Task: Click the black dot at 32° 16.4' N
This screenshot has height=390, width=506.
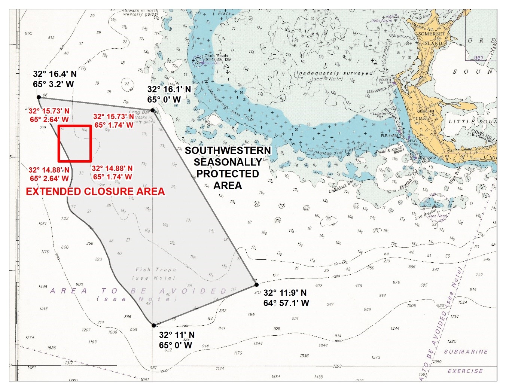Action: [x=39, y=97]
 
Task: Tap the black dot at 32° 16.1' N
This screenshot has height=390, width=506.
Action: [x=152, y=110]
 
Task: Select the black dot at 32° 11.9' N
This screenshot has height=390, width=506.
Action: [x=256, y=285]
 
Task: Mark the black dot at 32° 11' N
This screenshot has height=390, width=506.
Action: [x=153, y=325]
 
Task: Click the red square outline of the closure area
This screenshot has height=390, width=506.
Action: [x=75, y=126]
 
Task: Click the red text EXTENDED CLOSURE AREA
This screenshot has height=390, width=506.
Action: [x=95, y=192]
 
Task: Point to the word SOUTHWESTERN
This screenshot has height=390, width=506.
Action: [x=228, y=150]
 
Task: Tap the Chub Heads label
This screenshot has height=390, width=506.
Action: [x=216, y=56]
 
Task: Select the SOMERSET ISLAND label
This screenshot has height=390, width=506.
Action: [x=432, y=38]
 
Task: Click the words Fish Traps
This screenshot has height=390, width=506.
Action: [x=156, y=269]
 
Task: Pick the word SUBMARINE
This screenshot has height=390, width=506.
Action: [x=466, y=352]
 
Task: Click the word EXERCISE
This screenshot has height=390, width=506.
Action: [x=465, y=371]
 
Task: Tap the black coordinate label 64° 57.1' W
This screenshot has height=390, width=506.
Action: [x=286, y=303]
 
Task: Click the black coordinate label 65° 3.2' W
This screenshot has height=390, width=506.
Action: [x=53, y=84]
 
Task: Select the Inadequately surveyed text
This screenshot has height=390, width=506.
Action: [x=335, y=73]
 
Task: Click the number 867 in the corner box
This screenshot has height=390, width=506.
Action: [x=479, y=58]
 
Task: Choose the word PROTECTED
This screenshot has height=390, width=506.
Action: [x=228, y=174]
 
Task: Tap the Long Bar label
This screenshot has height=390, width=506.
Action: [x=140, y=112]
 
